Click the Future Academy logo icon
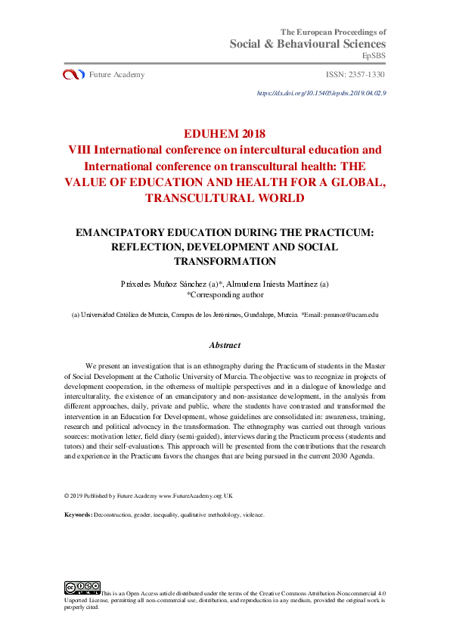click(x=73, y=74)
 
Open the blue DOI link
click(x=322, y=93)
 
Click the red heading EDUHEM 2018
click(x=225, y=135)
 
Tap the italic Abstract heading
click(x=225, y=345)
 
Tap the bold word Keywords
click(x=77, y=514)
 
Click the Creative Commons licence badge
click(x=82, y=587)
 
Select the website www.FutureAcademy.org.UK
click(x=196, y=496)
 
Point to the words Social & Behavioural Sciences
click(x=308, y=44)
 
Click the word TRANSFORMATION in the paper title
click(x=225, y=261)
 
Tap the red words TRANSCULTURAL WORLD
click(x=225, y=198)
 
